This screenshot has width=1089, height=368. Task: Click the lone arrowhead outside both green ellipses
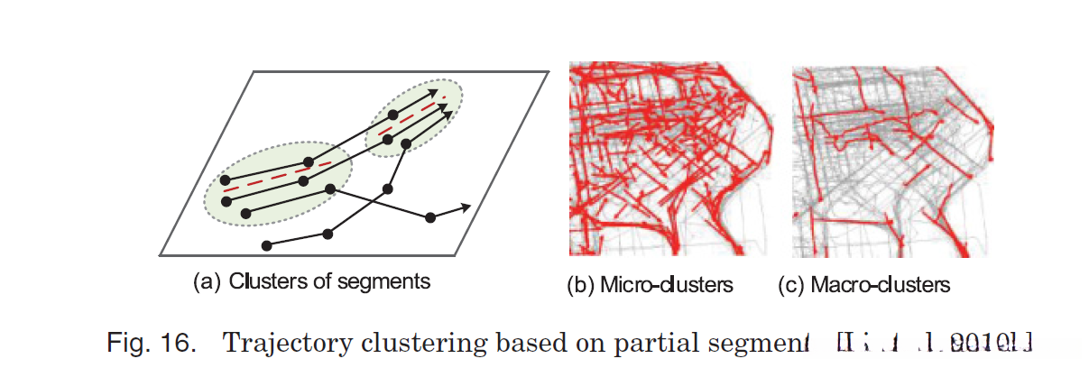[x=465, y=207]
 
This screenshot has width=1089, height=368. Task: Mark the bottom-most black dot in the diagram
[x=266, y=244]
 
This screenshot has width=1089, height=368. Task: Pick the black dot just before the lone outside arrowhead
[x=430, y=216]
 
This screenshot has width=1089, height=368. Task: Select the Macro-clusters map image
[x=894, y=160]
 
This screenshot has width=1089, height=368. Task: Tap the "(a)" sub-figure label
[x=208, y=281]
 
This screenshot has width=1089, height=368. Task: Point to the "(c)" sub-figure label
[x=791, y=286]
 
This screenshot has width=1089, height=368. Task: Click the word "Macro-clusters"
[x=881, y=286]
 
